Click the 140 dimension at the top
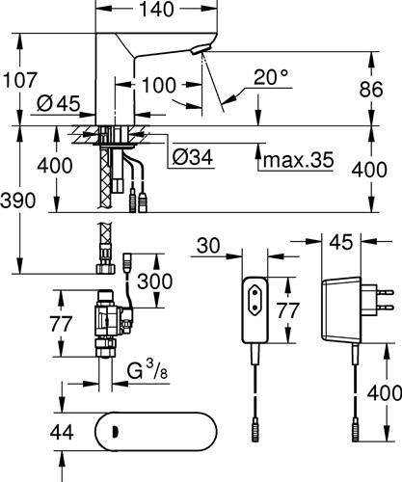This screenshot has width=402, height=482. click(156, 9)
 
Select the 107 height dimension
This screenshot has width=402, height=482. click(20, 79)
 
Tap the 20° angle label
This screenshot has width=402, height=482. click(271, 77)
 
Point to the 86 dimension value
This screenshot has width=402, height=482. click(371, 89)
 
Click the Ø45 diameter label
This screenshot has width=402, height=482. click(58, 103)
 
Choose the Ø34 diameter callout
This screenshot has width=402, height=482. click(193, 157)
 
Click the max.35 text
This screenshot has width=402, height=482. click(298, 159)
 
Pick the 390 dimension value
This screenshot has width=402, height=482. click(18, 201)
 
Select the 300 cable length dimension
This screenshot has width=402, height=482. click(155, 281)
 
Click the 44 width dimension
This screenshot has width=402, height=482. click(62, 432)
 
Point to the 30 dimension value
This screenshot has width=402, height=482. click(208, 246)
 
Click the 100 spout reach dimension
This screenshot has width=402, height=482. click(159, 85)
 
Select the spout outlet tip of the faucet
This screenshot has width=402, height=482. click(201, 49)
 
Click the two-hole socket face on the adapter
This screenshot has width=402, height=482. click(255, 300)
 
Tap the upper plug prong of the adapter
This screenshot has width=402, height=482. click(386, 292)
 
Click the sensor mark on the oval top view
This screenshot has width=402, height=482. click(114, 432)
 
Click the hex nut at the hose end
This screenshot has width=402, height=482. click(106, 269)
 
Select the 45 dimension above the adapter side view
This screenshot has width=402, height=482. click(341, 242)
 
